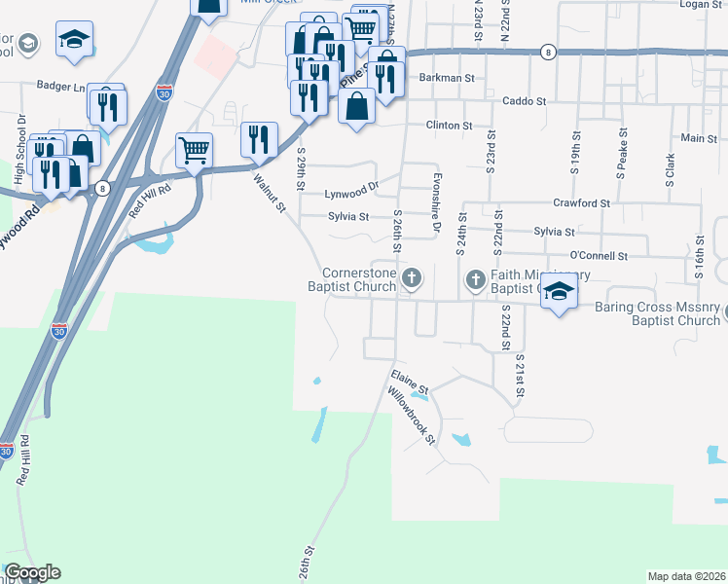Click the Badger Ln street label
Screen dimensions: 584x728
pos(59,86)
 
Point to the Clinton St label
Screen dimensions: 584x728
pos(448,126)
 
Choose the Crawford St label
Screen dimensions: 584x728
pos(581,203)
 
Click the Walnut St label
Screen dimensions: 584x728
pos(270,191)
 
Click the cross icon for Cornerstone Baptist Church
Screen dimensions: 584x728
pos(412,280)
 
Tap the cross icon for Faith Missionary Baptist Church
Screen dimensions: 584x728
pos(476,280)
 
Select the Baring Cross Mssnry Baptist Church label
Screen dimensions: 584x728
pos(658,313)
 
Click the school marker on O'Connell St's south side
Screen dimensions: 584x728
pos(559,292)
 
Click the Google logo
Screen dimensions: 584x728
pos(32,572)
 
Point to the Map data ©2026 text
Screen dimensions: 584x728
pos(686,576)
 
